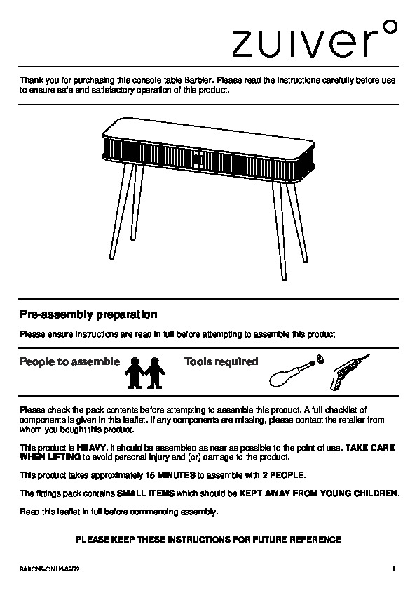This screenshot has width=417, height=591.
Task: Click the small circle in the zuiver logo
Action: coord(392,27)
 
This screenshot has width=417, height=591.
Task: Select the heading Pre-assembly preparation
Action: coord(88,314)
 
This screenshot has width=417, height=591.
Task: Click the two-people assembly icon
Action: coord(145,373)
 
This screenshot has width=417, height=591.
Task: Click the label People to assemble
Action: coord(69,362)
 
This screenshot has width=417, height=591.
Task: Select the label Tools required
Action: coord(221,362)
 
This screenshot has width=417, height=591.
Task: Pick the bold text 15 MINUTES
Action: coord(170,475)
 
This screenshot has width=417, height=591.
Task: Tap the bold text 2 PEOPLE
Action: coord(283,475)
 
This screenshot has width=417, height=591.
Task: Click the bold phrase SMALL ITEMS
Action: coord(146,493)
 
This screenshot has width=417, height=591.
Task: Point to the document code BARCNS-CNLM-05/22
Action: coord(49,569)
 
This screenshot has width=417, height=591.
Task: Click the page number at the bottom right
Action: coord(394,569)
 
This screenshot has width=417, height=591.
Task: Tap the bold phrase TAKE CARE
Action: coord(370,448)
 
